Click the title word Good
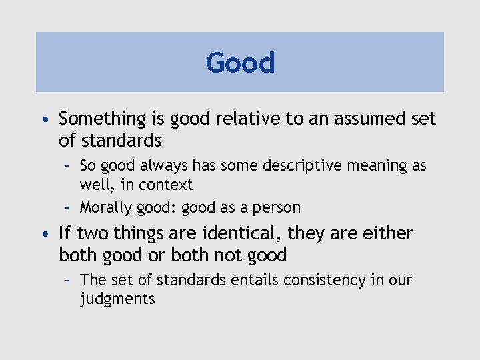pyautogui.click(x=240, y=63)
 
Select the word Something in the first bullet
pyautogui.click(x=102, y=119)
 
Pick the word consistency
pyautogui.click(x=325, y=280)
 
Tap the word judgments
pyautogui.click(x=117, y=299)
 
